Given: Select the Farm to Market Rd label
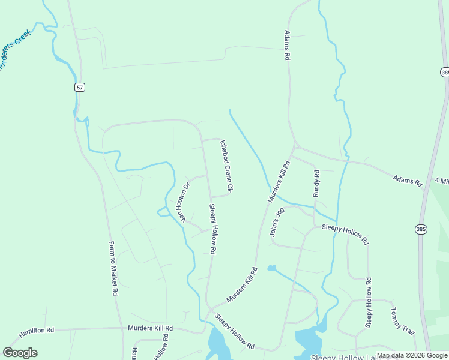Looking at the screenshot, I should (113, 269).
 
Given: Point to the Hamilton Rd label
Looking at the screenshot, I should (36, 331).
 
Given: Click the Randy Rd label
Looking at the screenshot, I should (316, 184).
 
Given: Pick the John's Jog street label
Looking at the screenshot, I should (277, 223).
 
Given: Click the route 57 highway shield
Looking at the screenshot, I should (80, 87).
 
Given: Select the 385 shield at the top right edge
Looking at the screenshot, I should (444, 72).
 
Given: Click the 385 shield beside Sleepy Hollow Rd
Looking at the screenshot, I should (421, 229).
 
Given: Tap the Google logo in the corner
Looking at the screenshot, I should (20, 353).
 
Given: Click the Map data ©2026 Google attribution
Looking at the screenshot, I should (412, 355).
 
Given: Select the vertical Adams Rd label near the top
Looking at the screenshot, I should (288, 46).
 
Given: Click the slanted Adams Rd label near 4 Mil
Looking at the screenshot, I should (408, 180).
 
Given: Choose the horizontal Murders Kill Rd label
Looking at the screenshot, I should (150, 328).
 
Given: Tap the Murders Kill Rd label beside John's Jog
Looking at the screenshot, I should (278, 181).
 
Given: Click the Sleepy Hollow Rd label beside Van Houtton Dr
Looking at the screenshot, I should (212, 229).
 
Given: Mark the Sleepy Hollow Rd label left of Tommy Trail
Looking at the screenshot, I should (369, 302).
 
